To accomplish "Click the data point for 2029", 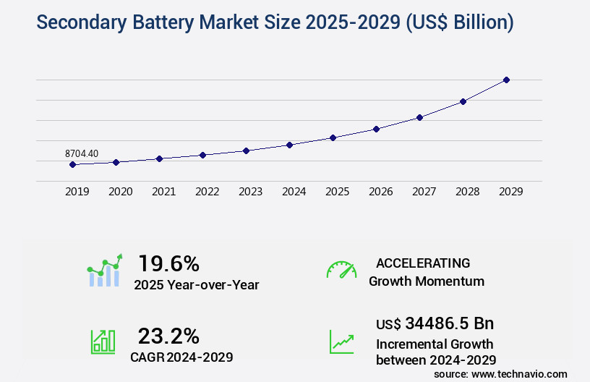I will click(x=506, y=80).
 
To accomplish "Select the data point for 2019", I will click(x=72, y=164).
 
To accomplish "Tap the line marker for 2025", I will click(x=333, y=137).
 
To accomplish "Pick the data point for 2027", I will click(x=419, y=117).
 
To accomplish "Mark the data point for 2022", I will click(x=202, y=155).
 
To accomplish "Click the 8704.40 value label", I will click(x=82, y=153).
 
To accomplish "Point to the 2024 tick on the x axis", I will click(x=294, y=192).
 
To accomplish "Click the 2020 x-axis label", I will click(x=120, y=192).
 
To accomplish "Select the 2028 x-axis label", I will click(x=467, y=192).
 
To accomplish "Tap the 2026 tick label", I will click(x=380, y=192).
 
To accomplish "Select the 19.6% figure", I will click(x=168, y=263).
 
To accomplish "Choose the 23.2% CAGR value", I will click(x=168, y=336).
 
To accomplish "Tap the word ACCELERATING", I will click(x=423, y=263).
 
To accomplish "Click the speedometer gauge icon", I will click(x=341, y=270).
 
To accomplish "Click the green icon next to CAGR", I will click(x=103, y=341).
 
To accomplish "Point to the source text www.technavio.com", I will click(x=519, y=373).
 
